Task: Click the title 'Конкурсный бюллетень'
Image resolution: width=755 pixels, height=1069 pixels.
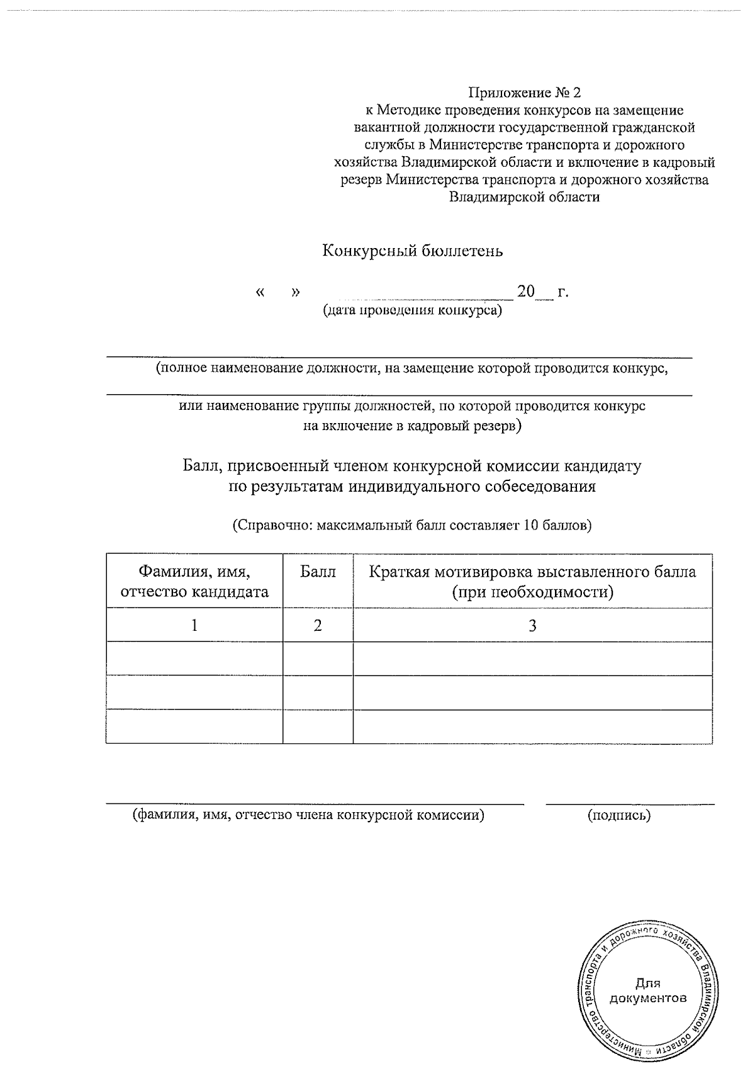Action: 413,251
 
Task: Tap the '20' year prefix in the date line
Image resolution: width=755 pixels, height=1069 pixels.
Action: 525,291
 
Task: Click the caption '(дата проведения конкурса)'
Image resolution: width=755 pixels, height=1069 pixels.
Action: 413,310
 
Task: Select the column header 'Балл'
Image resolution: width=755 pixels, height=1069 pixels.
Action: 318,572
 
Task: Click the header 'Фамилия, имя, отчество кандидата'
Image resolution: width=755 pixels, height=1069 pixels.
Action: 194,582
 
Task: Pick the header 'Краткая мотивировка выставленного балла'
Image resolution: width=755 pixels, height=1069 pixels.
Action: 532,572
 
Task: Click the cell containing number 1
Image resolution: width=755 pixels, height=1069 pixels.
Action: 194,625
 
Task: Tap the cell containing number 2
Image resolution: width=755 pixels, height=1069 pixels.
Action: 318,625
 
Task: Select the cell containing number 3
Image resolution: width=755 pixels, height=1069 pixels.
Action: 532,625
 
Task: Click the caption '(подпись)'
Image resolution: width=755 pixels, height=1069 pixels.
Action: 619,816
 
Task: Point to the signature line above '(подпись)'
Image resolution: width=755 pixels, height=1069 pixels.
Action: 630,804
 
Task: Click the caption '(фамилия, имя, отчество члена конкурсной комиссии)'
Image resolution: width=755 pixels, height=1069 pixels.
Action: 308,816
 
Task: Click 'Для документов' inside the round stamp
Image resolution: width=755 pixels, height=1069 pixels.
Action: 648,990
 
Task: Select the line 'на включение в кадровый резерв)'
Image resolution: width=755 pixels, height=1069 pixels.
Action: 413,426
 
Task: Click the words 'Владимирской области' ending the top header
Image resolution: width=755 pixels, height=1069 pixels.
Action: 524,197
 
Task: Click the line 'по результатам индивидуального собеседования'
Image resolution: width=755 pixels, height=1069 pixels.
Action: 411,487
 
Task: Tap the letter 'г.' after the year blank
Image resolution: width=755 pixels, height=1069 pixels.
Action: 563,292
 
